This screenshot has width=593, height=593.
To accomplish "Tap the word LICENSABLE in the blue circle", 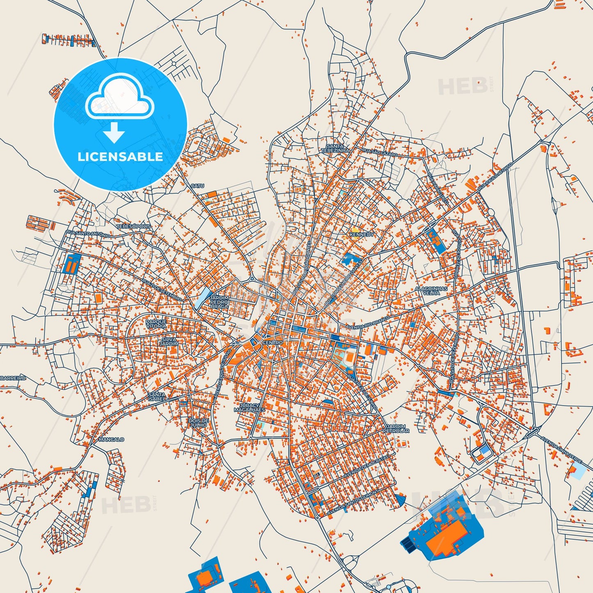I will tap(120, 156).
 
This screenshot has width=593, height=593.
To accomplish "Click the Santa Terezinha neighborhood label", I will tap(335, 148).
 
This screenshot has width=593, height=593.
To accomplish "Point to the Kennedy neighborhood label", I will tap(362, 234).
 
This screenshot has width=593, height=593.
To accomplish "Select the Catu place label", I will tap(197, 186).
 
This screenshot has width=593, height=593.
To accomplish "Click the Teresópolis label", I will tap(133, 227).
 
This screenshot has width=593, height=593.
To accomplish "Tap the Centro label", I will tap(272, 342).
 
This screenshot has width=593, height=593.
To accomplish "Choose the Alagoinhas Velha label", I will tap(431, 291).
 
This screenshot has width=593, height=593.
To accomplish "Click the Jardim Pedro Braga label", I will tap(219, 302).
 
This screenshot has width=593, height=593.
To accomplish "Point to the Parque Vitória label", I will tap(156, 323).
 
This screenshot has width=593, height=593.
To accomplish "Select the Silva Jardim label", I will tap(169, 341).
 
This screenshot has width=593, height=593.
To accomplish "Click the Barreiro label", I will tap(13, 378).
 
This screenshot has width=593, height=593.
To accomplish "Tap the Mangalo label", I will tap(111, 439).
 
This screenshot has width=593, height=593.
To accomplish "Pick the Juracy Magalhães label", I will tap(249, 408).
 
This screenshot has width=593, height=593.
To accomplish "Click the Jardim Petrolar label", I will tap(396, 428).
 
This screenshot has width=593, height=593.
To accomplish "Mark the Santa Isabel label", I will tap(157, 396).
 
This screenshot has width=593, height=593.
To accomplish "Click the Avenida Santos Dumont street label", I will tap(353, 503).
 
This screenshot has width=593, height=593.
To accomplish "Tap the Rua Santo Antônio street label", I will tap(88, 234).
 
